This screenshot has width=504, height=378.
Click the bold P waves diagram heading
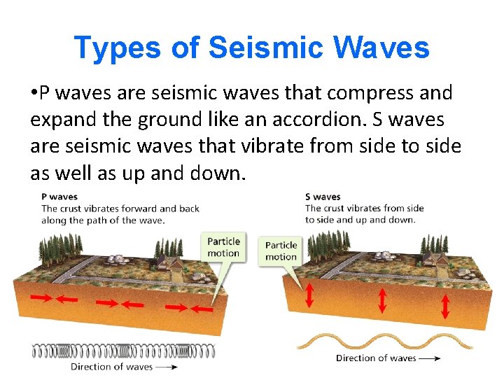click(x=59, y=197)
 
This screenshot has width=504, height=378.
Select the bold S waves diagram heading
click(x=323, y=197)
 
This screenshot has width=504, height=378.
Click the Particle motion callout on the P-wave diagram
click(x=223, y=247)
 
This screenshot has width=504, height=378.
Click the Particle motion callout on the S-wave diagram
click(x=281, y=251)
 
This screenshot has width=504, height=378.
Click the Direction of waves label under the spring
click(x=111, y=366)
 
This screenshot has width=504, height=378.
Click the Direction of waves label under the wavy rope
click(x=376, y=358)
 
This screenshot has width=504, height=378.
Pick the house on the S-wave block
click(x=438, y=260)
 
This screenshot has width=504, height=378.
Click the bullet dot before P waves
click(x=34, y=93)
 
